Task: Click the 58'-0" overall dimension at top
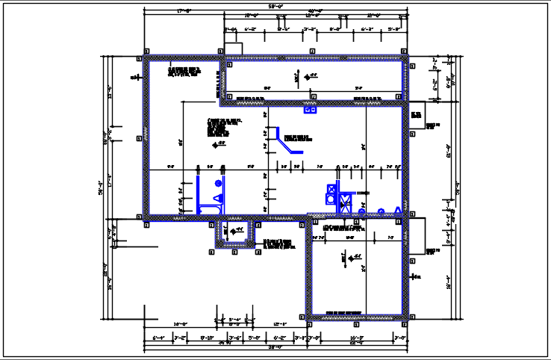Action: tap(275, 7)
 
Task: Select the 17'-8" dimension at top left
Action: tap(184, 11)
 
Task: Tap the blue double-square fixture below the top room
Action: tap(310, 110)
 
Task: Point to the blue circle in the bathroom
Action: tap(218, 183)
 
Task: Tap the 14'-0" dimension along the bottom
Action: tap(180, 323)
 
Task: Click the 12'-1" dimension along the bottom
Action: tap(280, 323)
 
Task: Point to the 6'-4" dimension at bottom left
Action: tap(158, 338)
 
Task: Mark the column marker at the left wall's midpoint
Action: tap(140, 138)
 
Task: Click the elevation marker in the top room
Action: tap(314, 75)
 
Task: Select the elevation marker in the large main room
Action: tap(221, 143)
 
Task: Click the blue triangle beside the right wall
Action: tap(399, 211)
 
